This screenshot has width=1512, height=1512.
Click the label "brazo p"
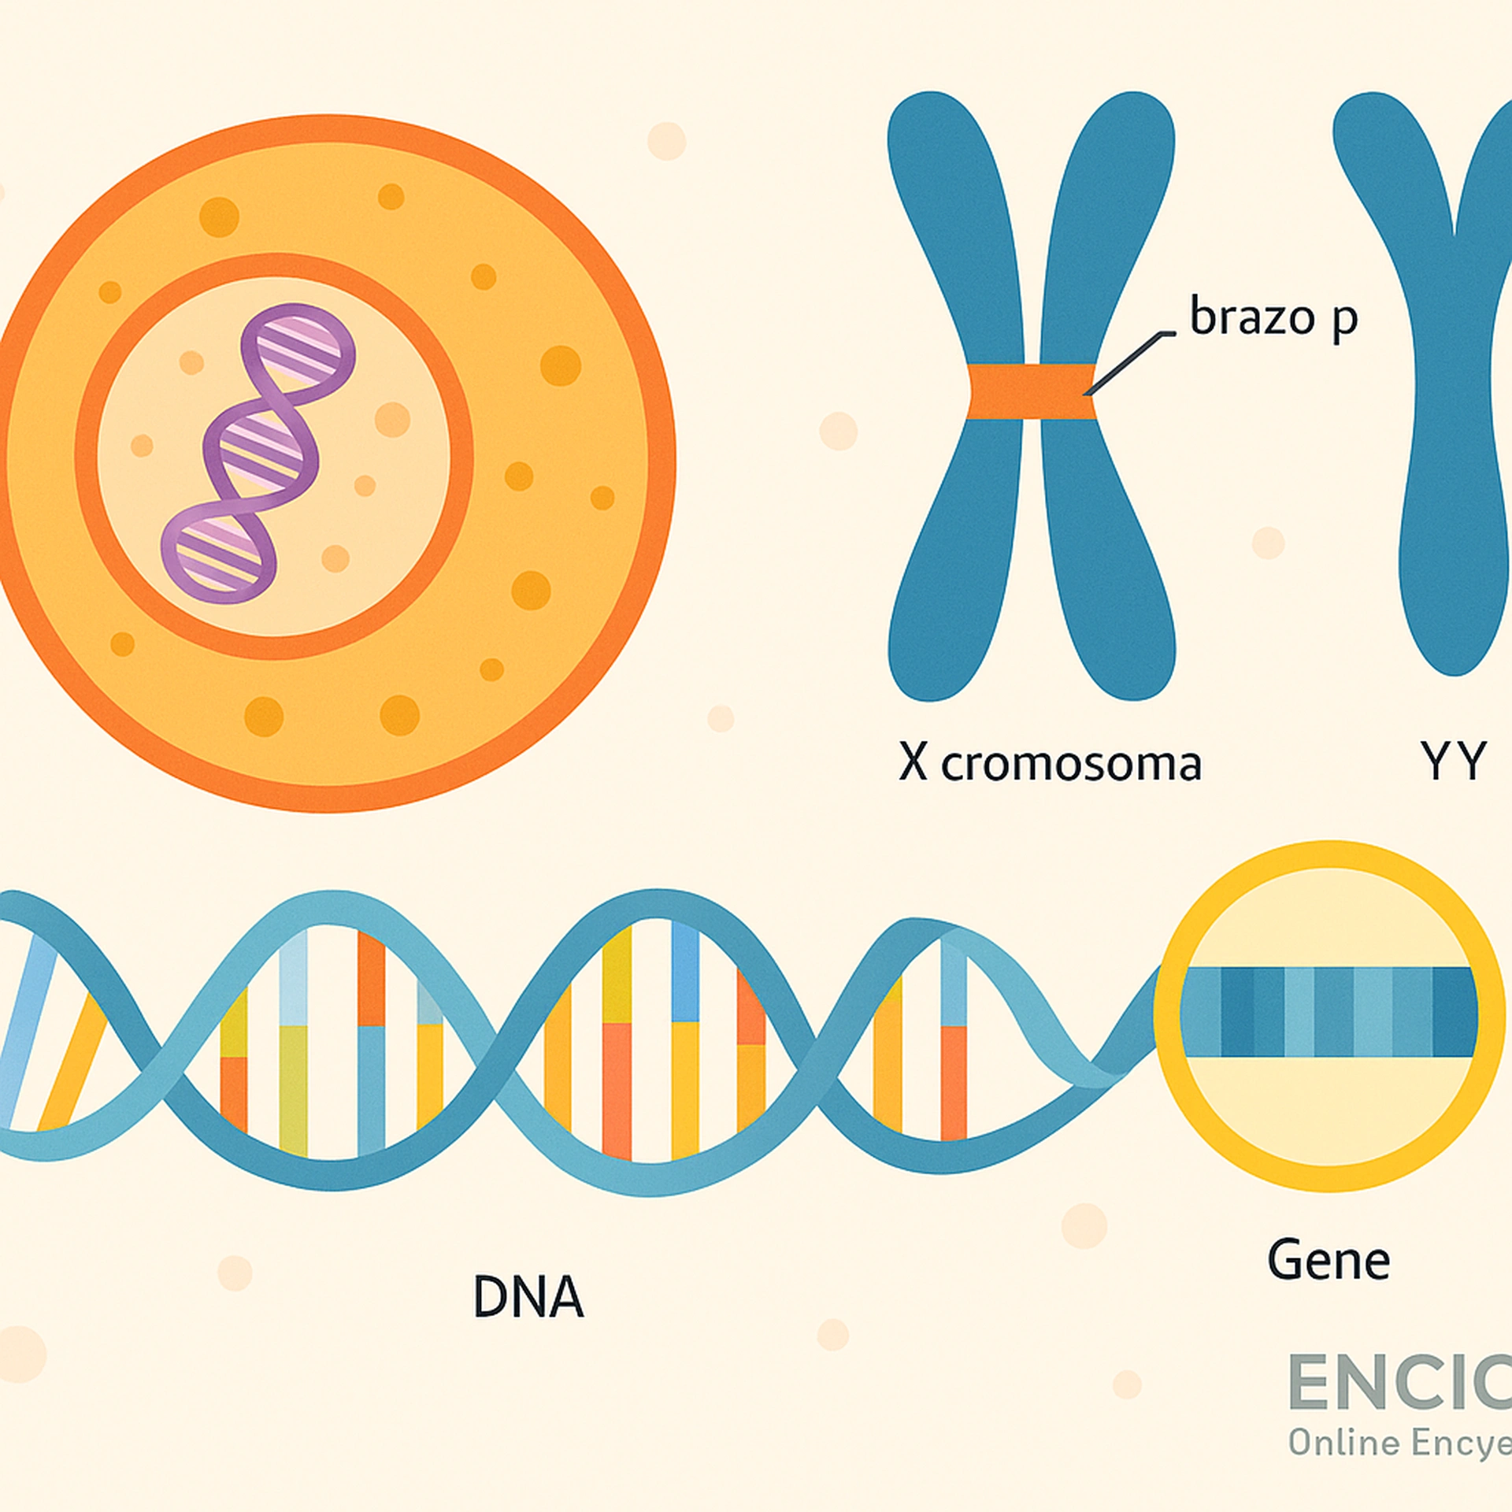coord(1273,318)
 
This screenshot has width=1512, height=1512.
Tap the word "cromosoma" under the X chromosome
coord(1071,764)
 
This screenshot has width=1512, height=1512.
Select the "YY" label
coord(1453,762)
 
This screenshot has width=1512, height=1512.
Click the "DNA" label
coord(528,1297)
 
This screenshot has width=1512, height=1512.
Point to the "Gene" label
coord(1329,1261)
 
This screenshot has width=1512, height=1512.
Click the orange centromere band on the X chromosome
coord(1031,391)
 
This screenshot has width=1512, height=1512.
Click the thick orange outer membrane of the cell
coord(331,129)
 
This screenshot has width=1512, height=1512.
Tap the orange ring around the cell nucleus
coord(275,266)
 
